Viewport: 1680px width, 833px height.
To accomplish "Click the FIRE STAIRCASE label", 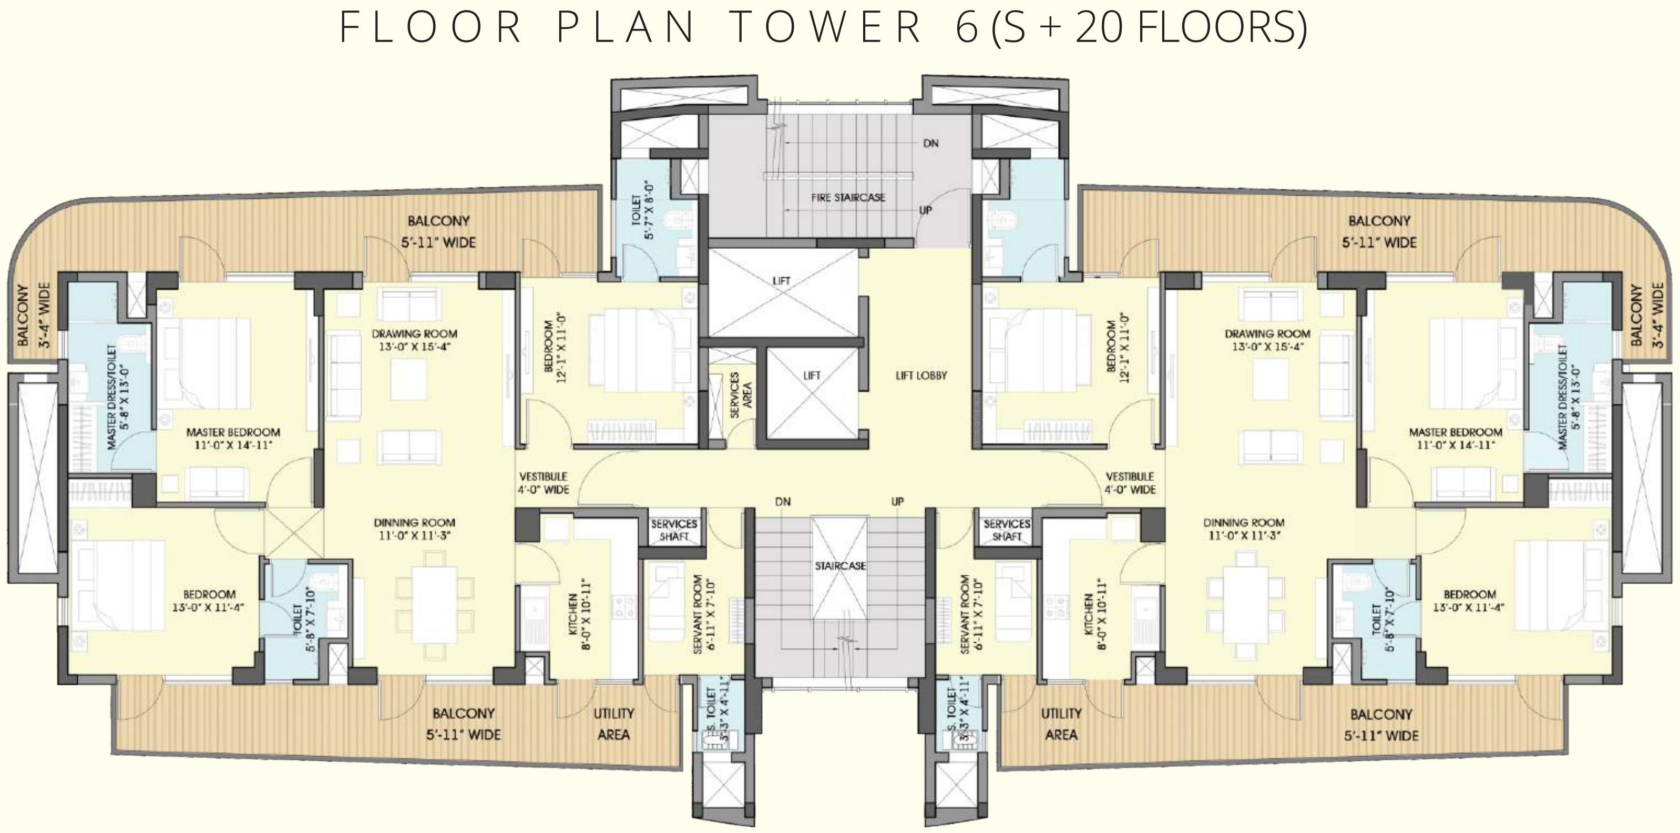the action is click(848, 197).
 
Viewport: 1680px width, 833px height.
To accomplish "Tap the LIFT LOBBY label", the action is click(921, 375).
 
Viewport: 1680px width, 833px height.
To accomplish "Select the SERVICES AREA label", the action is click(741, 395).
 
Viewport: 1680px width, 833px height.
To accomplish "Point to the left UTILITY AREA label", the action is click(613, 724).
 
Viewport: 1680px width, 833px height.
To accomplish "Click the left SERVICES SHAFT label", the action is click(674, 530).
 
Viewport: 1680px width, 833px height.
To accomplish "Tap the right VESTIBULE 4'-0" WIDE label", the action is click(1130, 483).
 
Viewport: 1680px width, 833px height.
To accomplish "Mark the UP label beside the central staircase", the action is click(897, 502).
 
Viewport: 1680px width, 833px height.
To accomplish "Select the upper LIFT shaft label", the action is click(781, 280).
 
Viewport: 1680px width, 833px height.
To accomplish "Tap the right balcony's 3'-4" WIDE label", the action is click(1661, 316).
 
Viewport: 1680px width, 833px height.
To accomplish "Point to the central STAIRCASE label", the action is click(840, 565).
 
